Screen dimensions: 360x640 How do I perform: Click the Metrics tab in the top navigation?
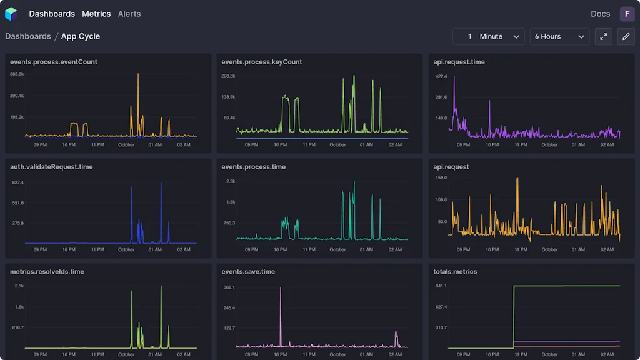(96, 14)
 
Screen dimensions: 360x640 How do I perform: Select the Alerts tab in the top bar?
(129, 14)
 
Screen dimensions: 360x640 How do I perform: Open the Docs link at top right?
(600, 14)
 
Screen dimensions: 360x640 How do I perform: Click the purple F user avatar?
(627, 14)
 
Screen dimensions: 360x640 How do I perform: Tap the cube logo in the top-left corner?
(11, 14)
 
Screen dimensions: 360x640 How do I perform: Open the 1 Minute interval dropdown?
(489, 37)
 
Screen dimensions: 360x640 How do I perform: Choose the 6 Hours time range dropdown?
(559, 37)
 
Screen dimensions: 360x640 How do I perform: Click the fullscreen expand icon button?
(604, 37)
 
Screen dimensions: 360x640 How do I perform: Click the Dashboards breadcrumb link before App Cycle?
(28, 36)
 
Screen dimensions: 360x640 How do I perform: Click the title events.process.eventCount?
(54, 62)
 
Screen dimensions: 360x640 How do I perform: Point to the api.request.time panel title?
(459, 62)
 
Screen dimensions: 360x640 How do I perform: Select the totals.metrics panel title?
(455, 272)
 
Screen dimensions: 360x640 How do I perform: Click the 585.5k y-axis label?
(17, 74)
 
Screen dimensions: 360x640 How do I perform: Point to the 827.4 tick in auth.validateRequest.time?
(17, 182)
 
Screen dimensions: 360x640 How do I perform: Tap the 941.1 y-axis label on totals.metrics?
(441, 286)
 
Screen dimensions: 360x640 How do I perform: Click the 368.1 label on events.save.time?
(229, 287)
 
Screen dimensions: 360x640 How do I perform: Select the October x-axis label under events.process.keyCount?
(337, 144)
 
